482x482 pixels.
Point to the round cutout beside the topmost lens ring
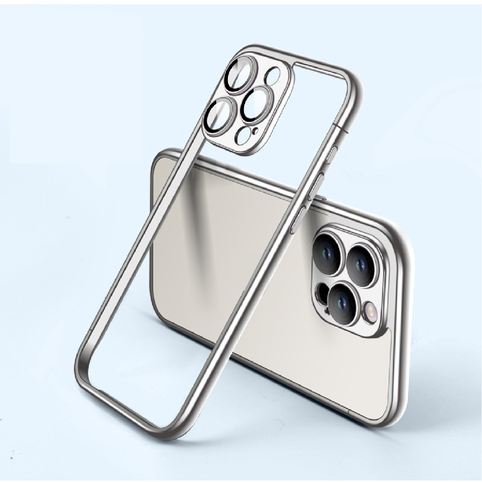click(x=273, y=76)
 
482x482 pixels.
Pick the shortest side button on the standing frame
click(x=331, y=155)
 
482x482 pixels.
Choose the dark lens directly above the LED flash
click(x=361, y=265)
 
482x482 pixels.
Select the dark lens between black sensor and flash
click(x=343, y=301)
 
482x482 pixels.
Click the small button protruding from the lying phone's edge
click(x=322, y=198)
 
